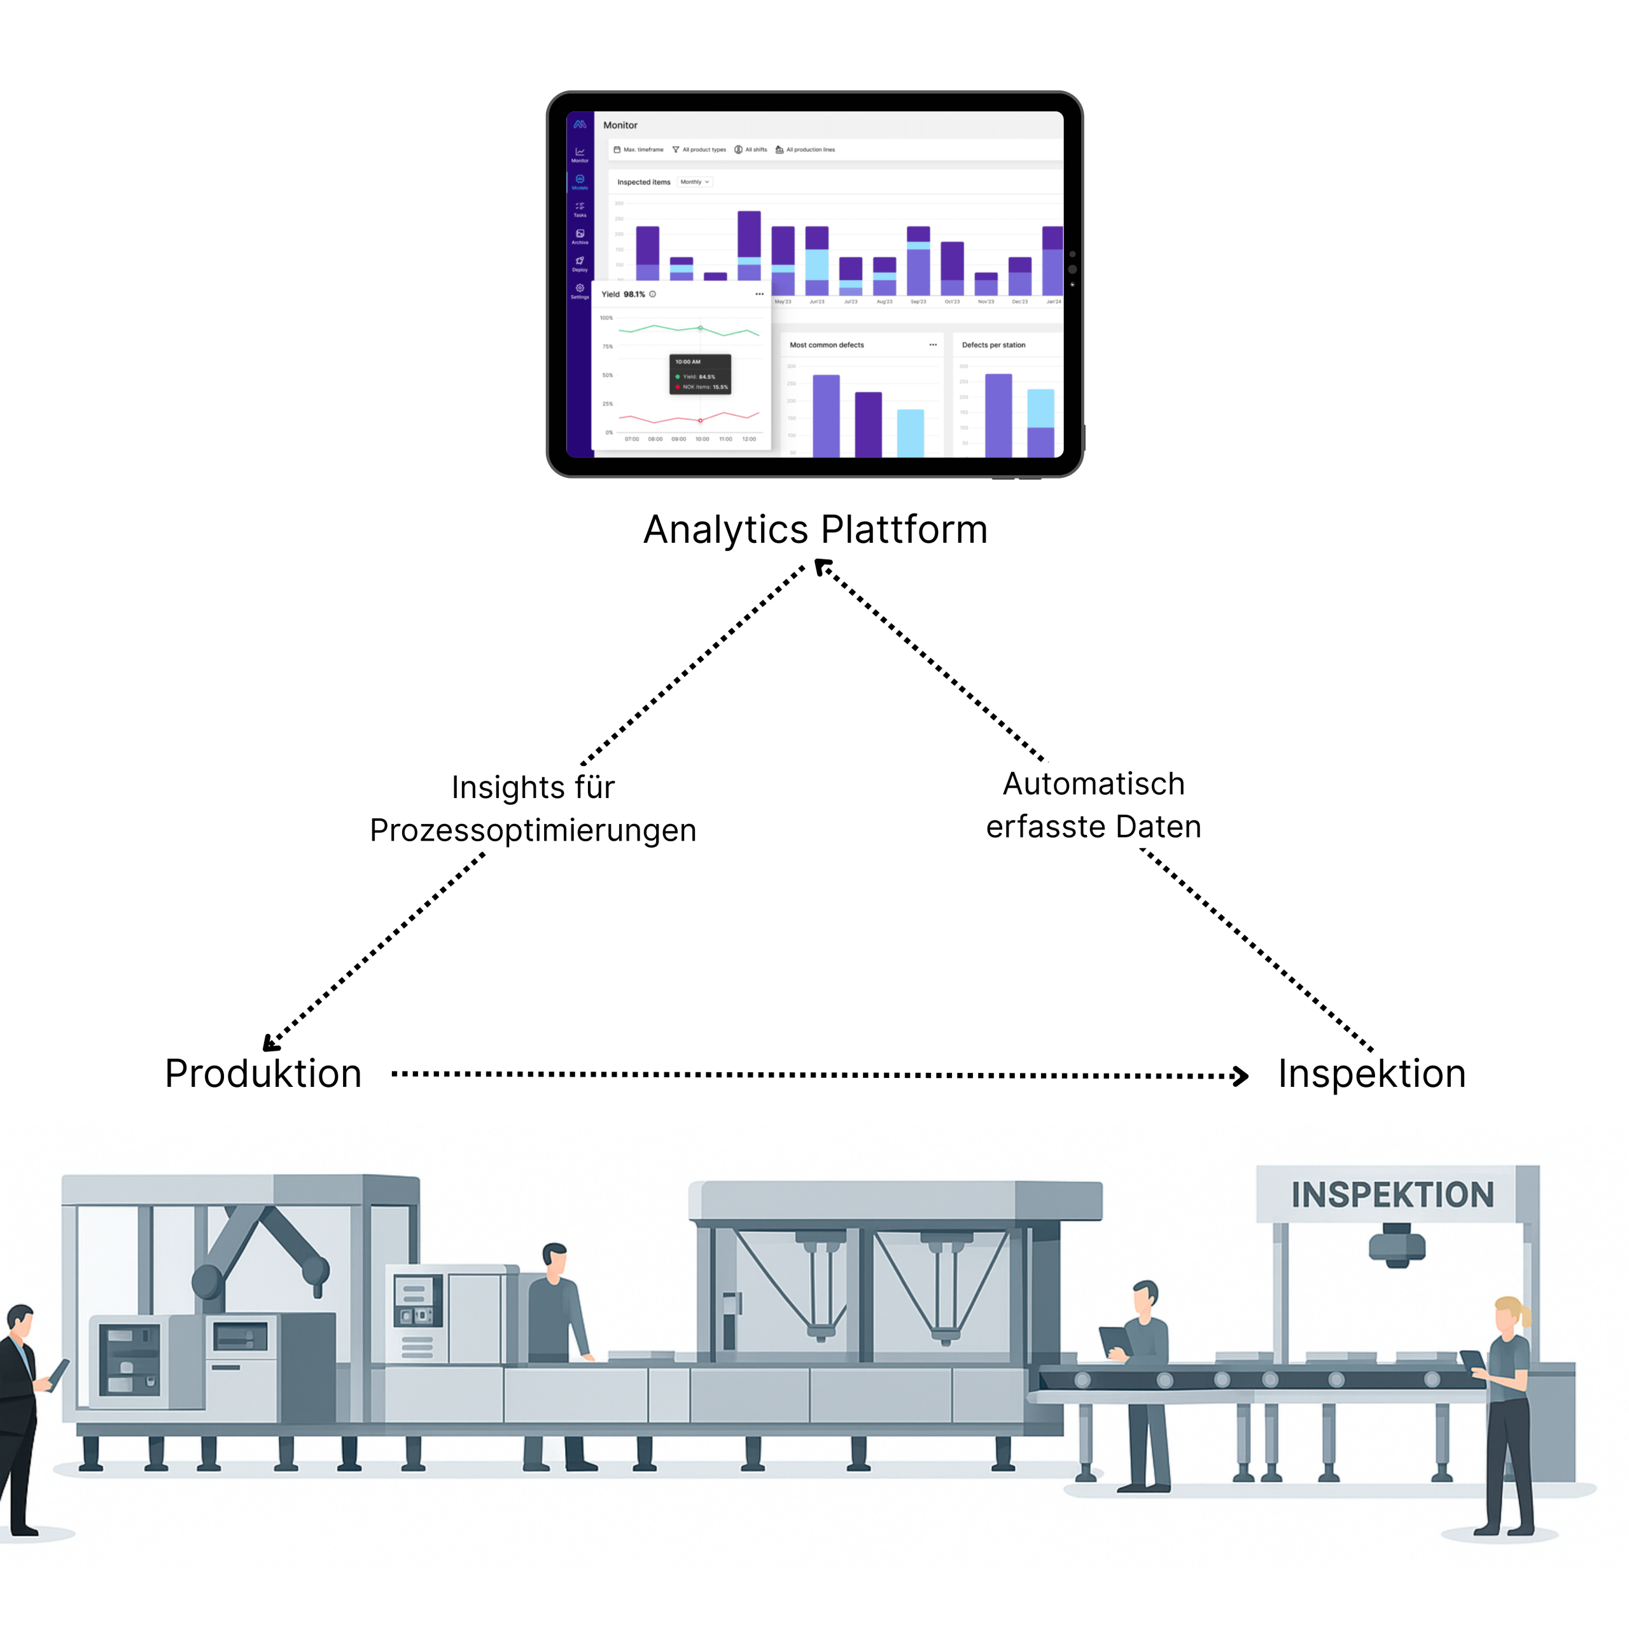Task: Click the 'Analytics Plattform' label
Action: pos(814,530)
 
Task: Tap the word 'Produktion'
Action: pos(263,1074)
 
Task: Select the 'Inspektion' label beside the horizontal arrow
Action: pos(1372,1074)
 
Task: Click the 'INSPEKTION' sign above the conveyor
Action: pos(1392,1195)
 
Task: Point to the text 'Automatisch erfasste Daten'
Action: pos(1094,805)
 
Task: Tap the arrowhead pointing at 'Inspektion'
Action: pos(1240,1076)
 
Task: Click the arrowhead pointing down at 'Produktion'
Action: pos(270,1044)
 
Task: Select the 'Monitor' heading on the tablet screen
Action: pos(620,125)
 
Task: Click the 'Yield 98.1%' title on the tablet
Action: pos(623,294)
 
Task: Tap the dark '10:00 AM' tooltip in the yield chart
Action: pos(700,374)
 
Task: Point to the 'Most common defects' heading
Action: pos(827,345)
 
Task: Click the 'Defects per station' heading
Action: pos(993,345)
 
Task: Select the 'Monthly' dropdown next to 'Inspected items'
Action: pos(695,182)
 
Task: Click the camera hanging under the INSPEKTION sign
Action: pos(1397,1246)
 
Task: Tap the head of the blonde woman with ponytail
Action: pos(1509,1315)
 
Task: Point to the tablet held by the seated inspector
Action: pos(1115,1341)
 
